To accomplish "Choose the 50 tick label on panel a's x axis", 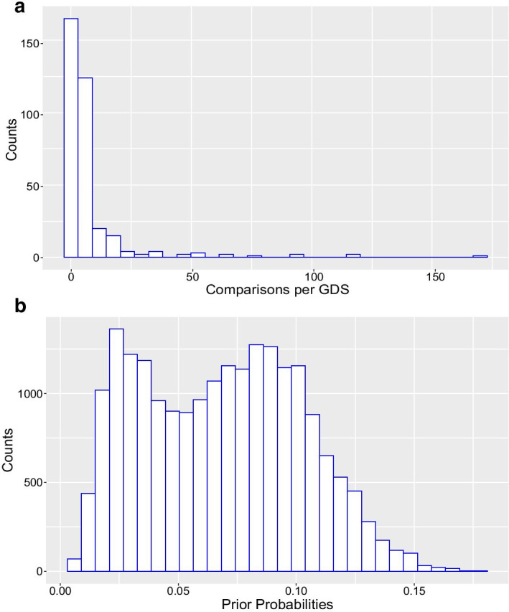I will click(x=192, y=276).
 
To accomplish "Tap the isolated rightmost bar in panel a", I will click(x=480, y=256).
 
